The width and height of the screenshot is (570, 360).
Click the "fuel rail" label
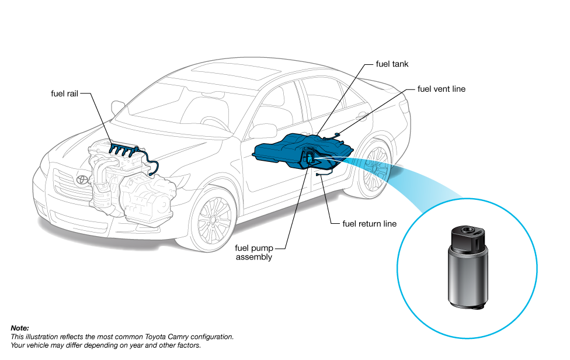64,94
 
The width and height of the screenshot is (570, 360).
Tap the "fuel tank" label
392,64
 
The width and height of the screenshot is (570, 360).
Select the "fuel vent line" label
442,89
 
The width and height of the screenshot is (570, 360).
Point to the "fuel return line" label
369,224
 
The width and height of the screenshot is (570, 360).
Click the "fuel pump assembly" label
254,252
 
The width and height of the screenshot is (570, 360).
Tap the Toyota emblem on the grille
82,179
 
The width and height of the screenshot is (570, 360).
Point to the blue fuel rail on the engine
124,149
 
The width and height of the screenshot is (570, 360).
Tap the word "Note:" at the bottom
20,328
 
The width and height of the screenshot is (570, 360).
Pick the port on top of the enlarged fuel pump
467,230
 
